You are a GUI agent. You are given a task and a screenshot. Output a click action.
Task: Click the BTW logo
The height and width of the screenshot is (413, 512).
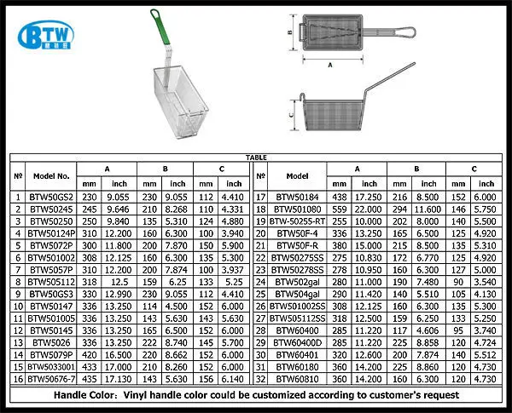pos(46,35)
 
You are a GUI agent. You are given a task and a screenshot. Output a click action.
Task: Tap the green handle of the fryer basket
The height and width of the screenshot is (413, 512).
pos(160,26)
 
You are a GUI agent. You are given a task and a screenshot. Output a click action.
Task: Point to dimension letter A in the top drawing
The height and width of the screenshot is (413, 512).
pos(330,66)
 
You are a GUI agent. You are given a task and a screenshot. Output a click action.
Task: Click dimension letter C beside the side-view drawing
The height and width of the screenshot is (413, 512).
pos(291,115)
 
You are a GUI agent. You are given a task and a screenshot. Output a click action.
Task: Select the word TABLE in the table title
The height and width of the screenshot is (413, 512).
pos(256,158)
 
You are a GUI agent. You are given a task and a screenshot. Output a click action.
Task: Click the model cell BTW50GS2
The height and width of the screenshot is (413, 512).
pos(51,198)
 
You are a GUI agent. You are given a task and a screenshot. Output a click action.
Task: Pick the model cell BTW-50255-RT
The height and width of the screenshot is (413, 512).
pos(297,221)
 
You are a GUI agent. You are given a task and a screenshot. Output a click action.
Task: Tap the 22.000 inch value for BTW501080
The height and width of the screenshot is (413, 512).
pos(369,209)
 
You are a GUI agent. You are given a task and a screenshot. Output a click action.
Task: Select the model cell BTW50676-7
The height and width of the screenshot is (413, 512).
pos(51,379)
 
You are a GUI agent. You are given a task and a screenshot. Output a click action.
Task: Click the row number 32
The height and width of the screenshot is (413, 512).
pos(260,379)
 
